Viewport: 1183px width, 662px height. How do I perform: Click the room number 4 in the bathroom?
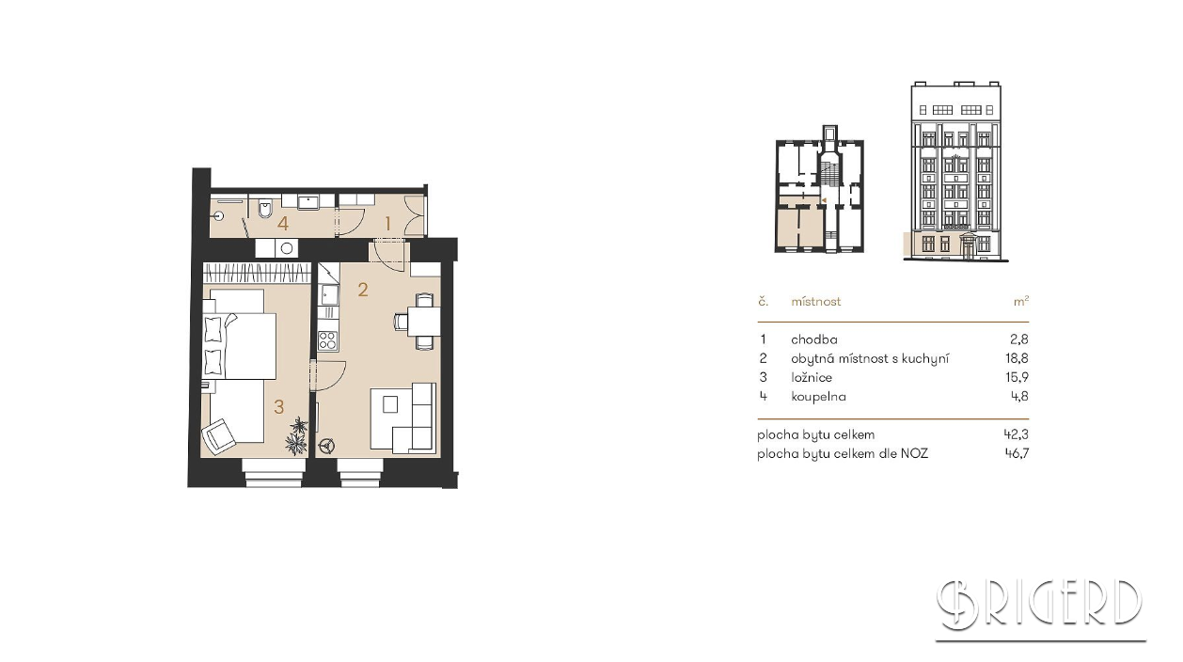283,224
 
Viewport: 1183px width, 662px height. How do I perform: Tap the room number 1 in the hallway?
387,224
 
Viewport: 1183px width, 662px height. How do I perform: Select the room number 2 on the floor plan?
363,290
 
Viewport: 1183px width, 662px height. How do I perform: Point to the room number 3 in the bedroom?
279,406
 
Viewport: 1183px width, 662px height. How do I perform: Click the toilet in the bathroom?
264,210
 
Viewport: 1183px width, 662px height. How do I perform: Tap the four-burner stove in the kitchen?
327,340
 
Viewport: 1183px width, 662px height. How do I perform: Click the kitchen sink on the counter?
328,294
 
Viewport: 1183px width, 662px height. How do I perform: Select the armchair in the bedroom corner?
220,436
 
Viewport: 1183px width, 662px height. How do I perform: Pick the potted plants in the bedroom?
297,435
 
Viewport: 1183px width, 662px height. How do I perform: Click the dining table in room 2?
423,321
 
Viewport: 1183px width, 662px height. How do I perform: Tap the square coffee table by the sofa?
389,405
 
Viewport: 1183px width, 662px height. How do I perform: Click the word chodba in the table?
813,339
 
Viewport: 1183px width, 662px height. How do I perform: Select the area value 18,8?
1017,358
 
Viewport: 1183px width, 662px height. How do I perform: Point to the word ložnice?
812,377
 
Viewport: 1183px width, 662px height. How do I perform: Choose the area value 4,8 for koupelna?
1019,397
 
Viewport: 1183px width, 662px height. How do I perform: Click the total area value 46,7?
1017,453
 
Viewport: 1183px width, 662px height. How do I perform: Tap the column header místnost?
816,302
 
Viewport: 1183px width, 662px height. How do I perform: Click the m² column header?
1021,301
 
